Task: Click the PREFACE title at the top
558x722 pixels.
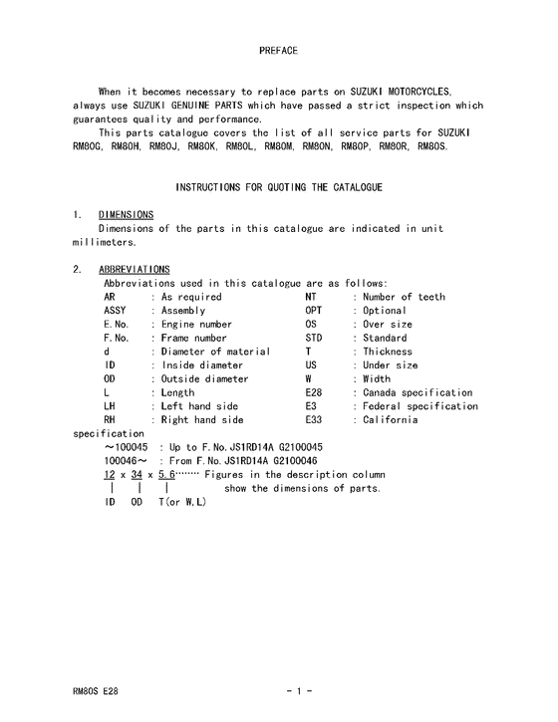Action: pyautogui.click(x=278, y=49)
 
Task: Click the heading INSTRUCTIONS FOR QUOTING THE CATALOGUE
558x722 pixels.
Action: pyautogui.click(x=278, y=187)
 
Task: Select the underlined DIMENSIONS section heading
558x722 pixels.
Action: pyautogui.click(x=126, y=214)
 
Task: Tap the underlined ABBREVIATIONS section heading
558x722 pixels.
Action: pyautogui.click(x=135, y=269)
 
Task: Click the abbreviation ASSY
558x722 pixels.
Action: pyautogui.click(x=117, y=311)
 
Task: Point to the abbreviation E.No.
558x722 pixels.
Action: pyautogui.click(x=119, y=325)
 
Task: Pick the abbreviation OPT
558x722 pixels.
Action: pyautogui.click(x=315, y=311)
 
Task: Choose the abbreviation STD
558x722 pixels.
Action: pyautogui.click(x=315, y=338)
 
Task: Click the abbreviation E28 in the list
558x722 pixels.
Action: pyautogui.click(x=314, y=392)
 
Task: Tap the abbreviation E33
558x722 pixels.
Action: pyautogui.click(x=314, y=420)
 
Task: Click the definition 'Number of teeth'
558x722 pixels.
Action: pyautogui.click(x=404, y=297)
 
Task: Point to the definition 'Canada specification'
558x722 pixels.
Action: pyautogui.click(x=418, y=392)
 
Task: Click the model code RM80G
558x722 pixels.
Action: pyautogui.click(x=87, y=146)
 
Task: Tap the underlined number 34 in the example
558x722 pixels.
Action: pyautogui.click(x=137, y=475)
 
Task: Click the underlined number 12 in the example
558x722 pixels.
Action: pyautogui.click(x=111, y=475)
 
